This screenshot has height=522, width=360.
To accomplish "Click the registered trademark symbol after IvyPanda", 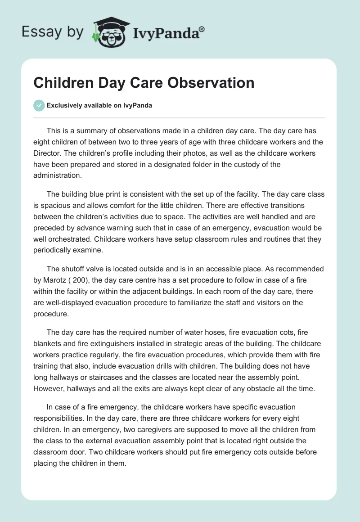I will [x=202, y=29].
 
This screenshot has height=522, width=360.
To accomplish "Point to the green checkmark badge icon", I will [x=39, y=105].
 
